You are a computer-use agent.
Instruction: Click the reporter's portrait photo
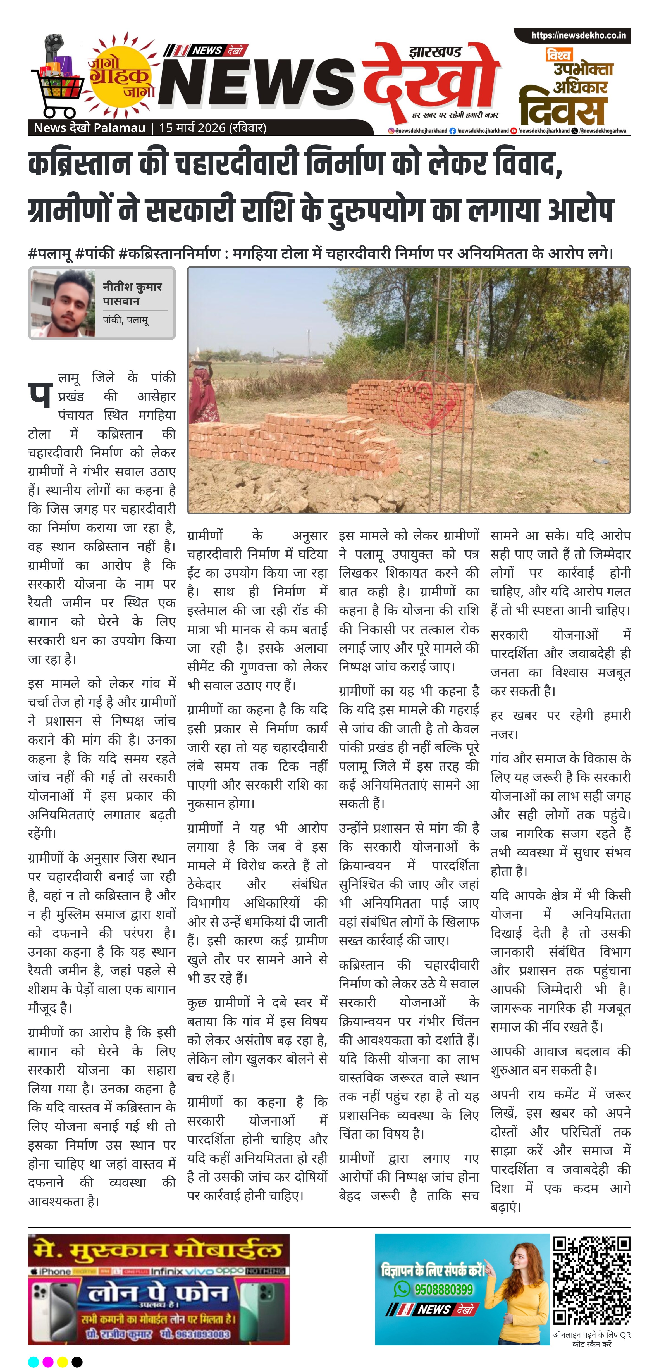pyautogui.click(x=63, y=303)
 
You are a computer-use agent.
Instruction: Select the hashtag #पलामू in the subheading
pyautogui.click(x=50, y=253)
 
